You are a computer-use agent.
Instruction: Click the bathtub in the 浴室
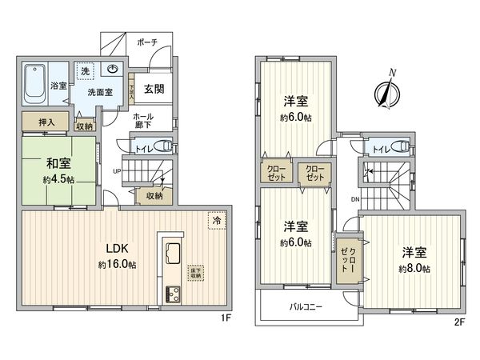pyautogui.click(x=34, y=85)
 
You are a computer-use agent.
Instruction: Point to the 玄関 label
pyautogui.click(x=154, y=89)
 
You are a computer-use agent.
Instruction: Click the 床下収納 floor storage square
pyautogui.click(x=195, y=274)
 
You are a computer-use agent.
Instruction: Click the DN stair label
pyautogui.click(x=354, y=200)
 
